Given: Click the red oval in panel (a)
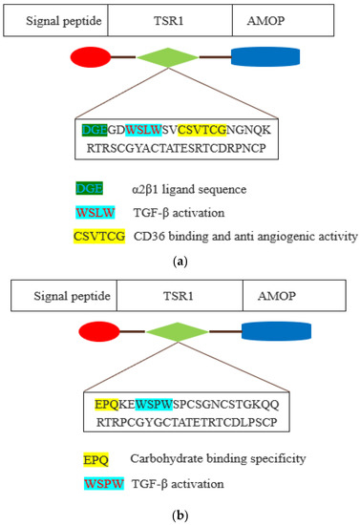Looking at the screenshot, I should [x=92, y=56].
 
